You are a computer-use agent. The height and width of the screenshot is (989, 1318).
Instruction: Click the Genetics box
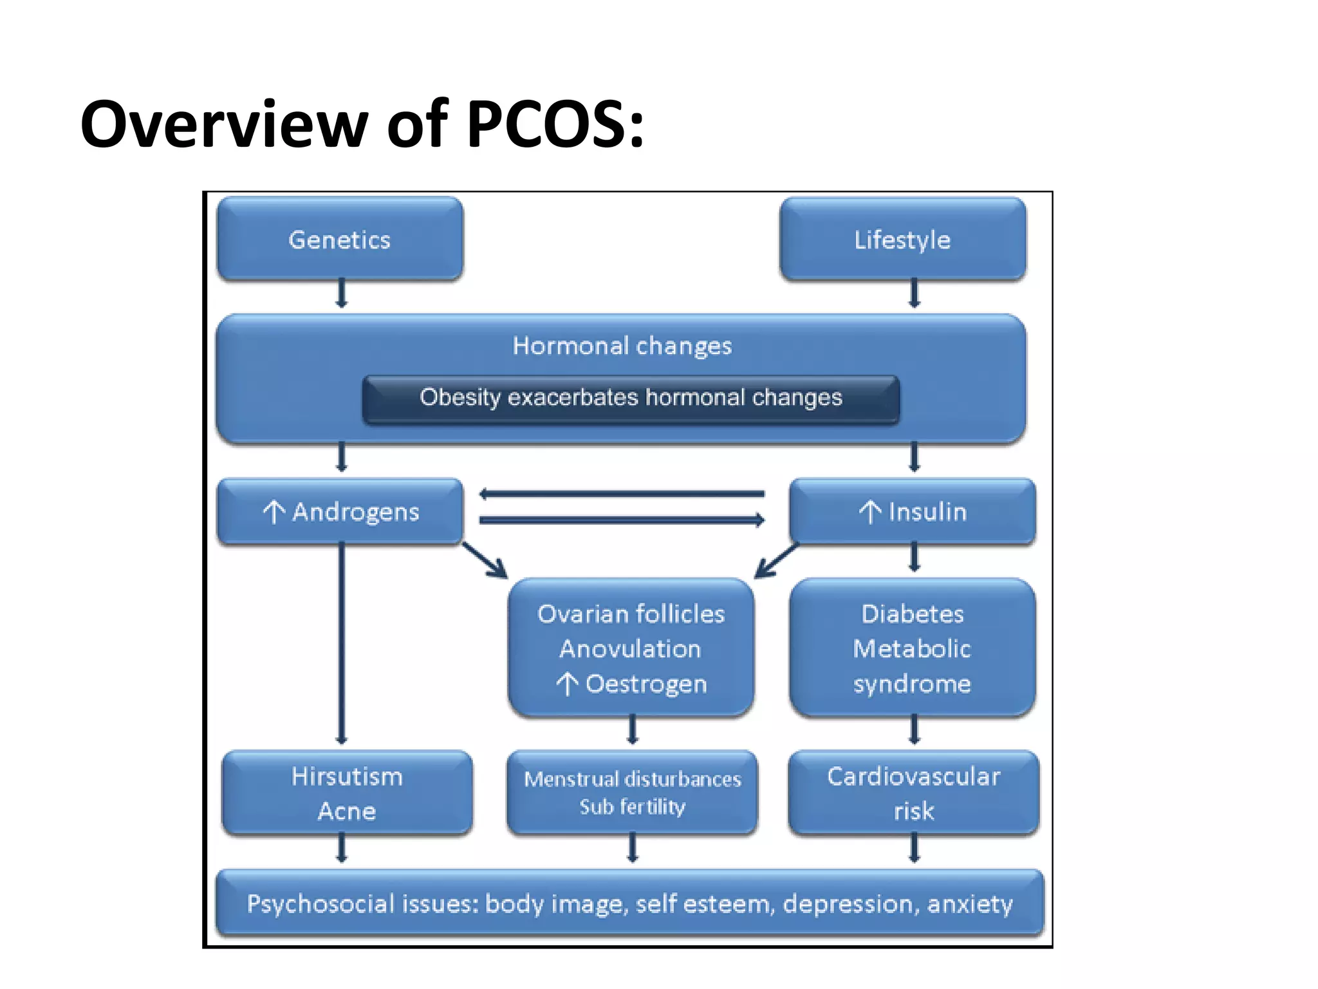pyautogui.click(x=340, y=240)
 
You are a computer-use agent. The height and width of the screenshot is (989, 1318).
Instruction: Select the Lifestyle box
pyautogui.click(x=902, y=240)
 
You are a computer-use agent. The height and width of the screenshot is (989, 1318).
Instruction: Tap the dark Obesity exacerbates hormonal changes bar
pyautogui.click(x=631, y=398)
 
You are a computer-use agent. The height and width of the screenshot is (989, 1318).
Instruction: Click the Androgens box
pyautogui.click(x=340, y=512)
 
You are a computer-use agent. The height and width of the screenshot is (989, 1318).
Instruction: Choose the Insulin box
pyautogui.click(x=913, y=512)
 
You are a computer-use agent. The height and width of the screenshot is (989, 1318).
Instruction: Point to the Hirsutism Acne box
pyautogui.click(x=347, y=793)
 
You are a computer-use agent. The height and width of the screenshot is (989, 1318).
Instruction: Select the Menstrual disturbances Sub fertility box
pyautogui.click(x=632, y=793)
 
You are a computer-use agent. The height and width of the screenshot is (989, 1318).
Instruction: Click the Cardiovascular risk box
pyautogui.click(x=913, y=793)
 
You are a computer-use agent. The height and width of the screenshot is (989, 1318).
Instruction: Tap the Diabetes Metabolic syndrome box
pyautogui.click(x=912, y=648)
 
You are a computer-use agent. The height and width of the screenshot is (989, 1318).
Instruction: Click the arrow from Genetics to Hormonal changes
pyautogui.click(x=342, y=293)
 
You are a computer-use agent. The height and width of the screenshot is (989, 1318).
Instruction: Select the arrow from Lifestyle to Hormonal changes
pyautogui.click(x=914, y=293)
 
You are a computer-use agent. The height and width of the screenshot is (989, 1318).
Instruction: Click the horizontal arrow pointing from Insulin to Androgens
pyautogui.click(x=622, y=494)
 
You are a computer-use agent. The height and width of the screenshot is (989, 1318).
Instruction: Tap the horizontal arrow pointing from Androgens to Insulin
pyautogui.click(x=622, y=520)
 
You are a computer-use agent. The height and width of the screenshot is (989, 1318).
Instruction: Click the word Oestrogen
pyautogui.click(x=646, y=684)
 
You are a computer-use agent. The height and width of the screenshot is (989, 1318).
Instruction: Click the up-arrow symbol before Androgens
pyautogui.click(x=274, y=513)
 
